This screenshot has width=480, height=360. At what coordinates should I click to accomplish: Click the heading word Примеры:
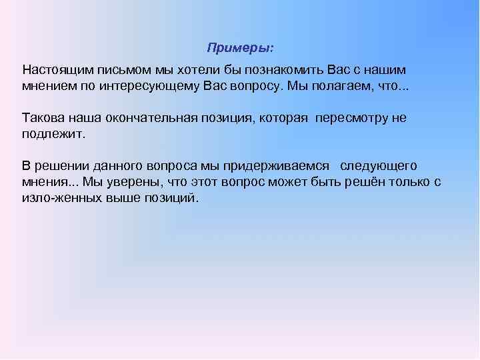tap(240, 48)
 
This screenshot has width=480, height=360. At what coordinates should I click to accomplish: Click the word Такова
tap(42, 118)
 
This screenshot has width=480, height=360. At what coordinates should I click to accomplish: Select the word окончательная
tap(153, 118)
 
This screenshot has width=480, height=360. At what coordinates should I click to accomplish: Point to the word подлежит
tap(53, 134)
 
